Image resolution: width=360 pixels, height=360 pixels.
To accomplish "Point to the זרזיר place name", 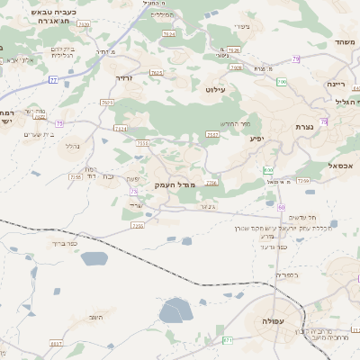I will click(x=124, y=77).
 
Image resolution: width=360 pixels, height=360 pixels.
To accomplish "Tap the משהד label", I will click(x=344, y=42).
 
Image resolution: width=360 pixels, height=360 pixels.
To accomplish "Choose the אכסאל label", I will click(x=340, y=166).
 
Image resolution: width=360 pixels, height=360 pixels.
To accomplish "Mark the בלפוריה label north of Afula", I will click(x=286, y=274).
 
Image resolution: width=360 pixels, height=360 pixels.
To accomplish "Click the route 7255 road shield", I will click(x=76, y=176).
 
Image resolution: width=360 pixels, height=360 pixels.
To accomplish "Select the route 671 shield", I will click(x=228, y=339).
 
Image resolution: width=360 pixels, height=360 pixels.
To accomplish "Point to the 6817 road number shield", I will click(x=56, y=343).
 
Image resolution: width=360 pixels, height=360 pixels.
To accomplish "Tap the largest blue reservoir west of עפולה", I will click(x=175, y=311).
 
